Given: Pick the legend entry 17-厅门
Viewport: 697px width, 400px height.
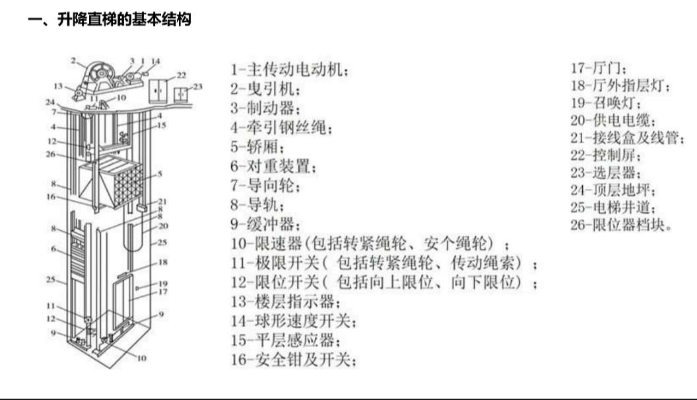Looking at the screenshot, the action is (599, 68).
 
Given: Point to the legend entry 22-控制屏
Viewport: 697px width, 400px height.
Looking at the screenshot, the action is (605, 156).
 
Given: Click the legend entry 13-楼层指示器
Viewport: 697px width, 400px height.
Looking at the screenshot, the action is (285, 302).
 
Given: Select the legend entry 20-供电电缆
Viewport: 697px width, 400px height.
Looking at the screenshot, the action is (612, 121).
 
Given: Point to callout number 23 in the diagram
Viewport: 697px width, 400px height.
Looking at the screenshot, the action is (198, 87).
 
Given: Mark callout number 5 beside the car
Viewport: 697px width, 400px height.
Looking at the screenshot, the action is (160, 174).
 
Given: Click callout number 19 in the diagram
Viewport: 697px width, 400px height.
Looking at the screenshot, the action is (164, 284).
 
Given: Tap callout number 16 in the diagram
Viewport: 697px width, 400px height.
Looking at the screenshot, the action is (51, 196).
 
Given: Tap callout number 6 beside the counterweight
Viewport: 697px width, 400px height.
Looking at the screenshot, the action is (54, 249).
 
